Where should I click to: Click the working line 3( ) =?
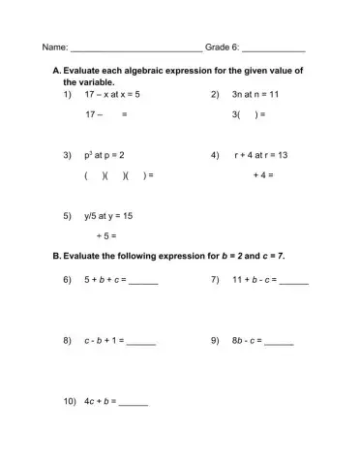(x=249, y=114)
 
